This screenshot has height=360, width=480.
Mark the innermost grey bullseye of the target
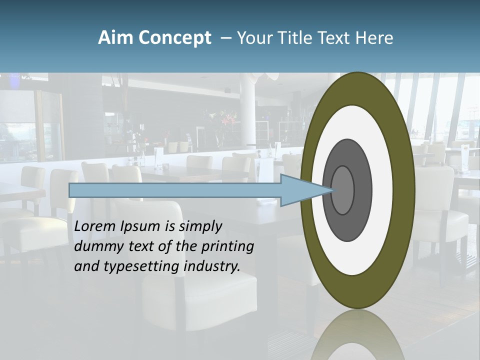click(x=343, y=190)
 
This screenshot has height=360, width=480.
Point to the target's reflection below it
click(x=358, y=335)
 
